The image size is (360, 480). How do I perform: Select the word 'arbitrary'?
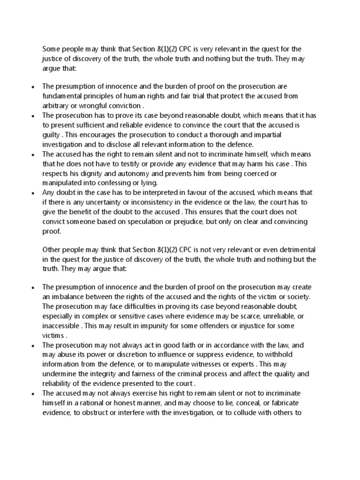pyautogui.click(x=55, y=105)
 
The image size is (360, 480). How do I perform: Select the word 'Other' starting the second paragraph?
pyautogui.click(x=52, y=249)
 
